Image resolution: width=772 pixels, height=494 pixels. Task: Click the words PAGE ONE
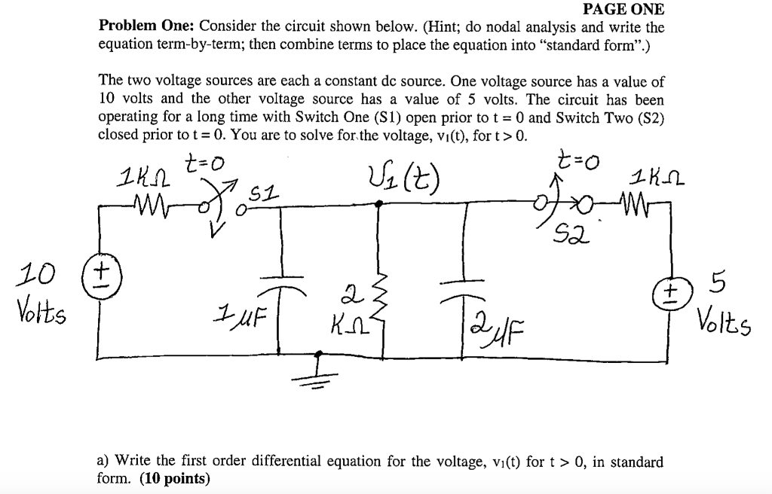624,10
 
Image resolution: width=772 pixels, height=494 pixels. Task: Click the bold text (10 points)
175,478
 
